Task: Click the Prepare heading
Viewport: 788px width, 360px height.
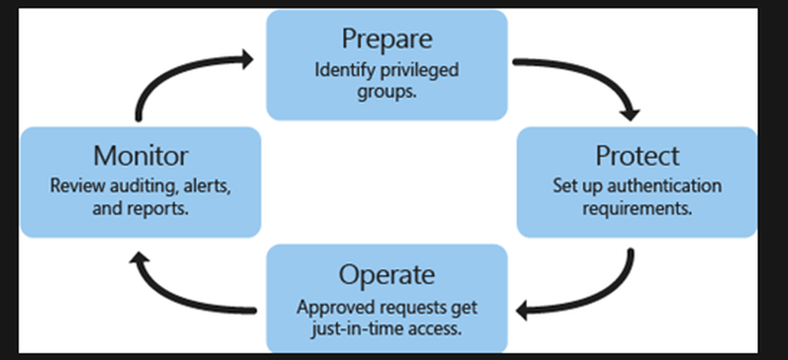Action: [386, 38]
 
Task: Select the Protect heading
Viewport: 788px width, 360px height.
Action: [637, 155]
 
